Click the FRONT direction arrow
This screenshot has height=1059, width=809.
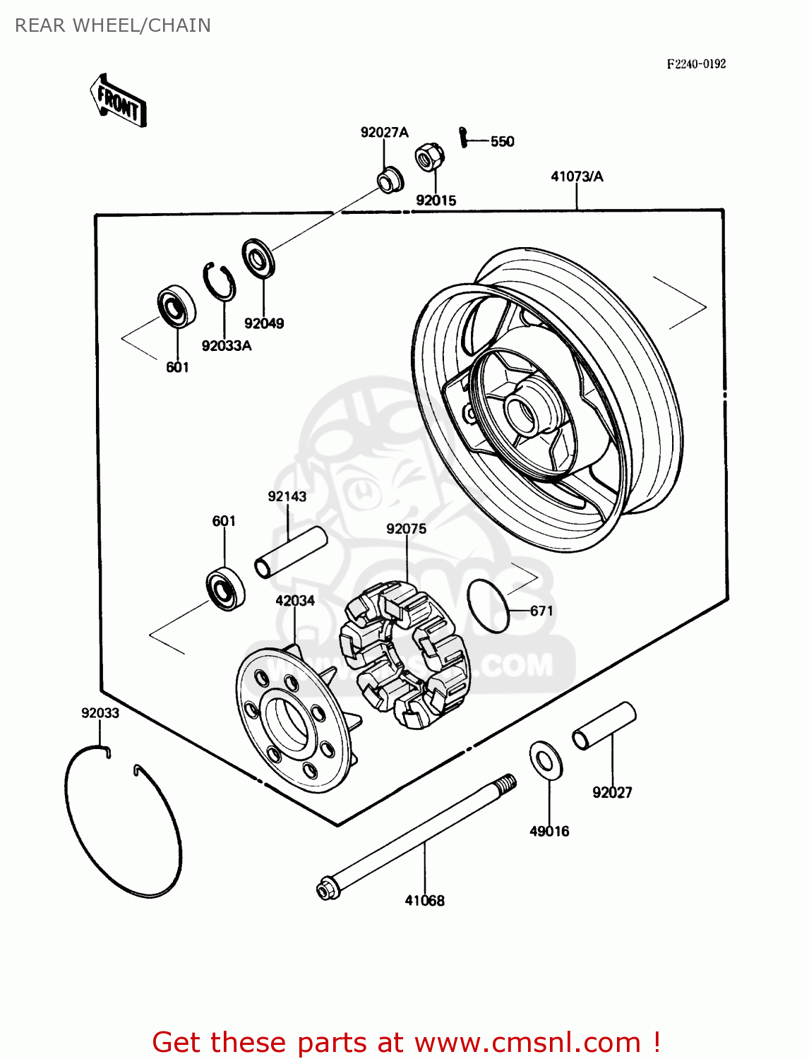point(119,101)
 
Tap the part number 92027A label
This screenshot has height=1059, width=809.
point(384,133)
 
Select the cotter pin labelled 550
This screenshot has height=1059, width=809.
point(463,136)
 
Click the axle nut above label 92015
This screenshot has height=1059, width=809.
point(429,157)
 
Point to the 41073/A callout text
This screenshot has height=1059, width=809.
point(577,176)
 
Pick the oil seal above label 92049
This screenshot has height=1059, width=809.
point(258,258)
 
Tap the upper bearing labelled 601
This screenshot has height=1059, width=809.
point(176,306)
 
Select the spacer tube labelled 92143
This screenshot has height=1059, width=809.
point(291,552)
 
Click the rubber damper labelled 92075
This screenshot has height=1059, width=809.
point(406,653)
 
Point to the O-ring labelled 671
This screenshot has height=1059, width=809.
point(488,606)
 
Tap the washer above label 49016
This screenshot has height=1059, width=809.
point(546,760)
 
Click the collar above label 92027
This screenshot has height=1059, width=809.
point(604,725)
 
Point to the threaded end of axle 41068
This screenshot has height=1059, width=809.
point(505,784)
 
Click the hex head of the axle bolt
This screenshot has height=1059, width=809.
point(326,889)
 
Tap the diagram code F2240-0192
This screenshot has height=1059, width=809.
point(696,64)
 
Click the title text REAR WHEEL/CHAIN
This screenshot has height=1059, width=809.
point(113,25)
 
